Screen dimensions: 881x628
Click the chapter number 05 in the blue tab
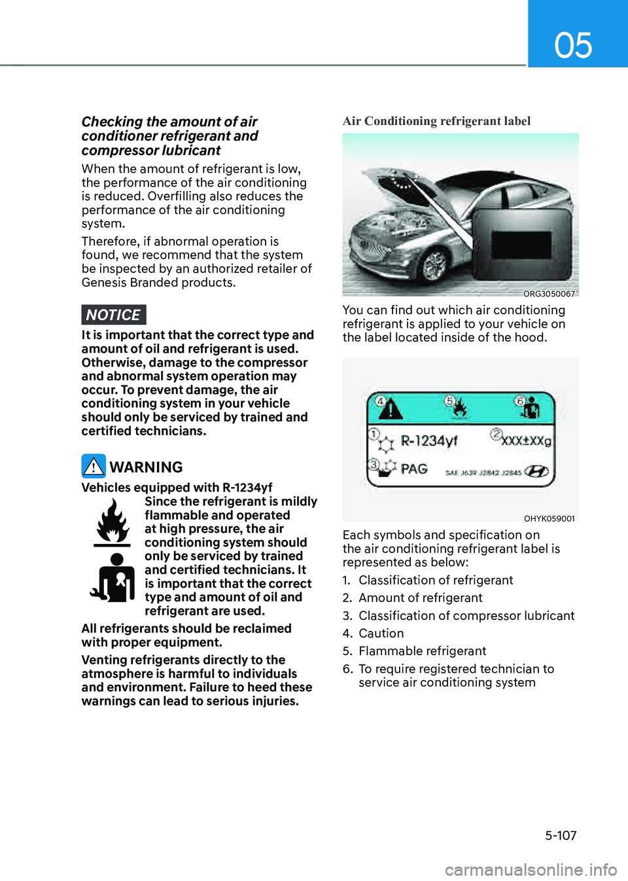[573, 45]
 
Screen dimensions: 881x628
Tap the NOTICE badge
[113, 315]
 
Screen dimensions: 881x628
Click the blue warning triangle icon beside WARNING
[94, 466]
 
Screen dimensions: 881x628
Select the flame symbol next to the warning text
[113, 522]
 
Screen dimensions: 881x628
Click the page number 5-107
[561, 835]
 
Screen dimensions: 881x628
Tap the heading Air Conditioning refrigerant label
[436, 121]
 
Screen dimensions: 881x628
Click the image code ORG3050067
[549, 294]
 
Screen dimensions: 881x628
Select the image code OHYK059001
[549, 518]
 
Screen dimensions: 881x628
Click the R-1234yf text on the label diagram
[429, 441]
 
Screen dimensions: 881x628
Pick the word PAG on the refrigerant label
[414, 469]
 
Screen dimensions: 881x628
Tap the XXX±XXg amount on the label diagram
[527, 440]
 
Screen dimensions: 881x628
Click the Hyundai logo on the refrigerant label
[537, 471]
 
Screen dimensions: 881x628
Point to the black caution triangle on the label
[390, 410]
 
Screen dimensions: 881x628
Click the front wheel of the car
[434, 264]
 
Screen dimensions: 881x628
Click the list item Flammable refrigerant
[422, 651]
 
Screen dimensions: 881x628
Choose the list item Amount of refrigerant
[420, 598]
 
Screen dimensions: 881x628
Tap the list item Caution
[381, 634]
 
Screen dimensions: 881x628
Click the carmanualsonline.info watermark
[531, 870]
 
